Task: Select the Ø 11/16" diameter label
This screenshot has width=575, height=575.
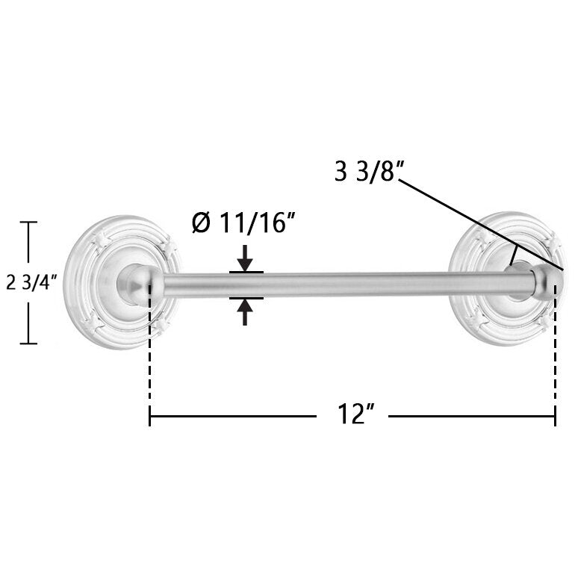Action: [x=243, y=223]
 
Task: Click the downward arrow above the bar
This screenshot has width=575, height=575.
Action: [x=245, y=258]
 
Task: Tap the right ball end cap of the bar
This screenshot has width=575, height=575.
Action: [x=549, y=282]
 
